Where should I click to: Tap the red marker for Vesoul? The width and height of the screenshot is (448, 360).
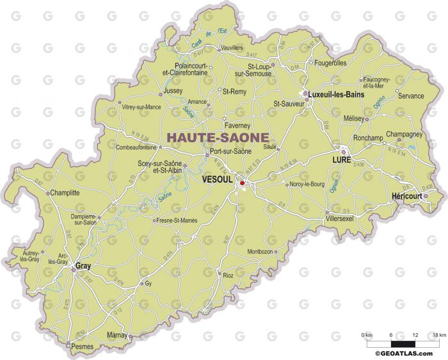click(242, 183)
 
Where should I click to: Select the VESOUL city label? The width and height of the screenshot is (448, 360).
click(216, 180)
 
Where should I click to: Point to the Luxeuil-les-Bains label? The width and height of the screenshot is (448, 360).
click(336, 94)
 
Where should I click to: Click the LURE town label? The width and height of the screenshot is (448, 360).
click(341, 160)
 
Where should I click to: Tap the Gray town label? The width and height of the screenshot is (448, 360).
click(83, 265)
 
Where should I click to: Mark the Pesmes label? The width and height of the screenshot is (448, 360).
click(83, 347)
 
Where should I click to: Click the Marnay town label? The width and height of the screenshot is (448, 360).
click(116, 334)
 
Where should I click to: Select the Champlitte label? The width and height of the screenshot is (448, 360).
click(65, 192)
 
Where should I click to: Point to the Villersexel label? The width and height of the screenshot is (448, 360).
click(343, 218)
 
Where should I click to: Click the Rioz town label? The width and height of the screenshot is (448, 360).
click(228, 276)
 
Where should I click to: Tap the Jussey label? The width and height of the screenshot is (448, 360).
click(173, 92)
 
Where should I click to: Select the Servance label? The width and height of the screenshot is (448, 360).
click(410, 96)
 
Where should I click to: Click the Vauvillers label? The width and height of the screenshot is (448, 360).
click(232, 48)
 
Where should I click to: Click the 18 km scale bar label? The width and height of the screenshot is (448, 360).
click(438, 335)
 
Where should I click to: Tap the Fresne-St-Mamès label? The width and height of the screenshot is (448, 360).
click(177, 220)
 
